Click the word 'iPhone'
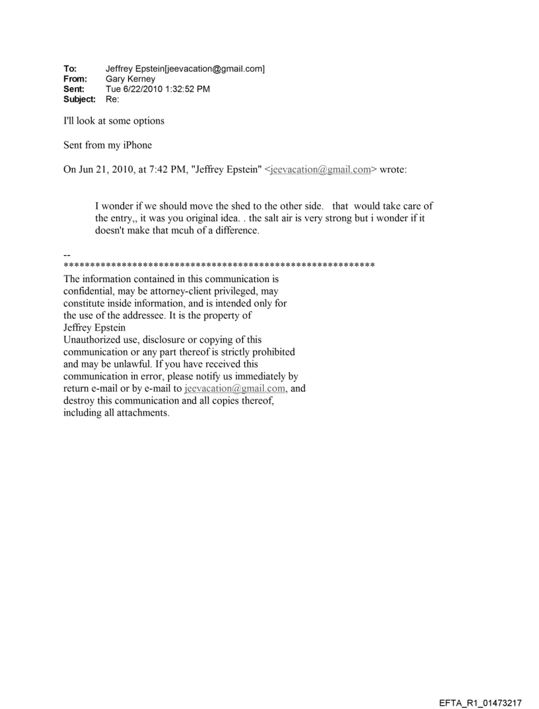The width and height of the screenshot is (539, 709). click(135, 145)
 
